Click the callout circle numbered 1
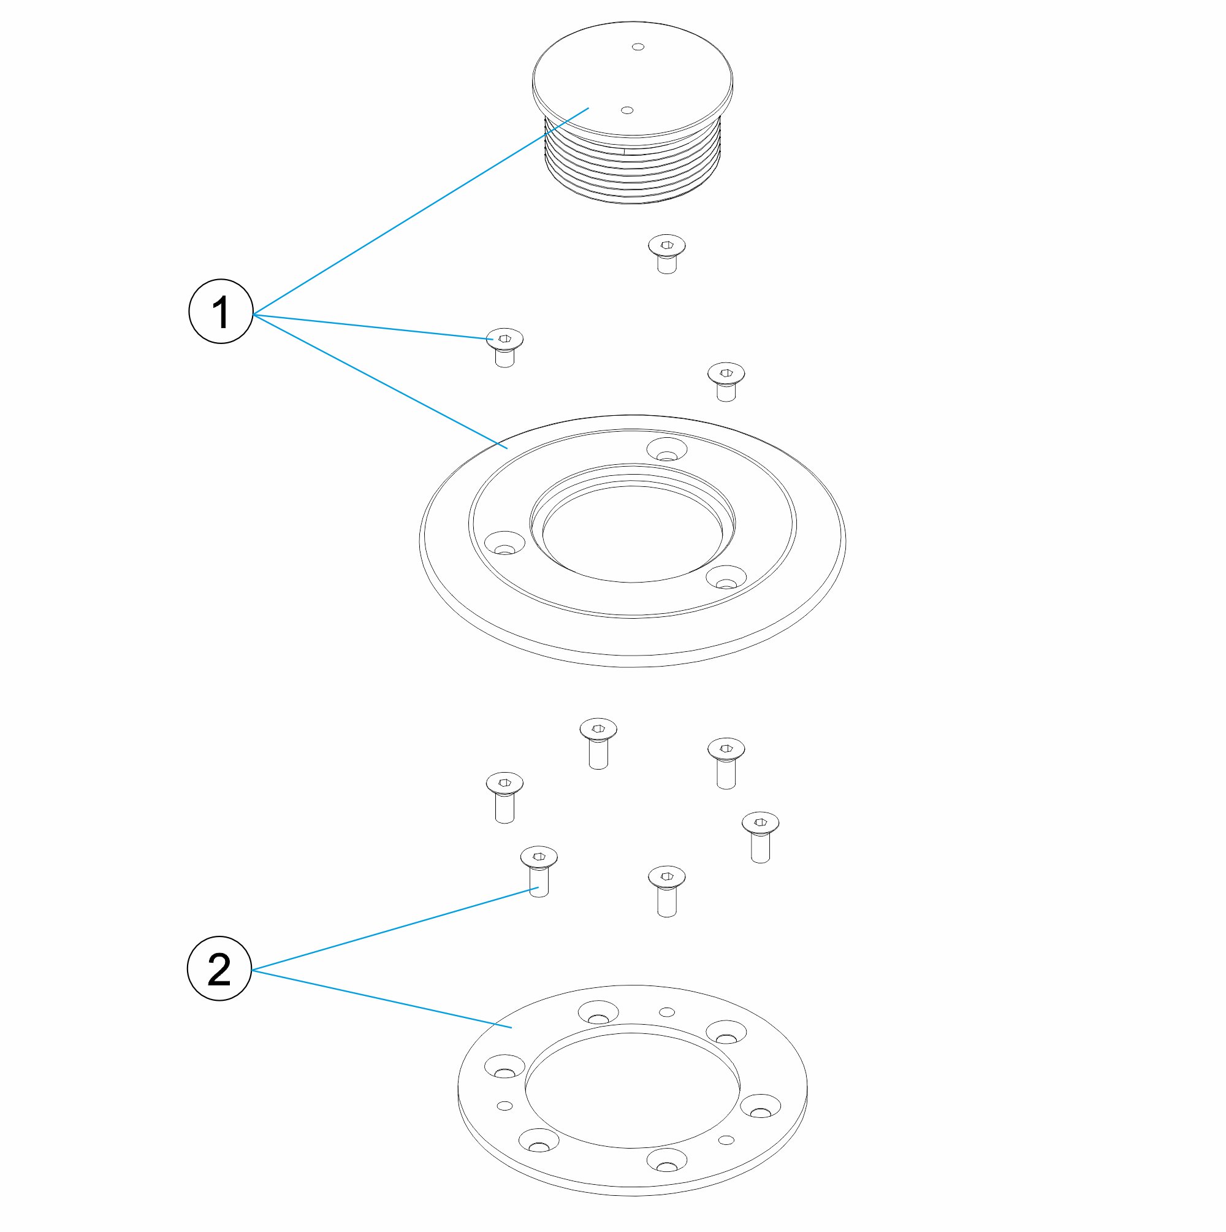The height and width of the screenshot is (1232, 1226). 221,311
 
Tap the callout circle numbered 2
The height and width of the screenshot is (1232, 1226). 219,969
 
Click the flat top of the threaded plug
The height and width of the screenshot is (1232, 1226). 632,78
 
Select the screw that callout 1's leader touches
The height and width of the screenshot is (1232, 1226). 505,348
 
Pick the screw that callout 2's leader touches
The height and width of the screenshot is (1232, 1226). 539,871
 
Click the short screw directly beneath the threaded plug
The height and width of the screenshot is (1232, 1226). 666,254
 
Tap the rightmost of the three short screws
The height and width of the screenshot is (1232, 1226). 726,381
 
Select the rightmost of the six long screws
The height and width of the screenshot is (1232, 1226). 760,837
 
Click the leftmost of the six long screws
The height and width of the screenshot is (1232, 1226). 505,797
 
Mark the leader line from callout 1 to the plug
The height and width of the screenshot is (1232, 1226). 421,211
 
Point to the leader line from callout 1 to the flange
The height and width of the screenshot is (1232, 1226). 380,381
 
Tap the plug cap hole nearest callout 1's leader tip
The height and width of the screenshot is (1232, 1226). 626,110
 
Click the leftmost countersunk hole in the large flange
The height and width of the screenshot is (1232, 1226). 504,543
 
